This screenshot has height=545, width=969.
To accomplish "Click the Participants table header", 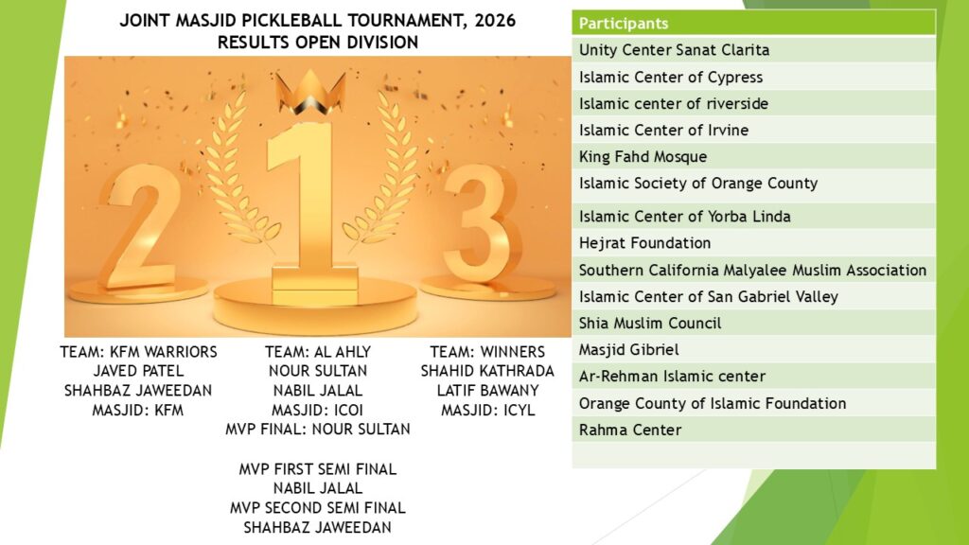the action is (x=753, y=24).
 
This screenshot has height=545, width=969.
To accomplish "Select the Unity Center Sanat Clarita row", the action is (x=753, y=50).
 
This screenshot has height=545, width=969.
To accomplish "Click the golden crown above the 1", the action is (x=310, y=93).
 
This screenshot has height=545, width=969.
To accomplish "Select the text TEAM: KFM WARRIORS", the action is (x=138, y=352).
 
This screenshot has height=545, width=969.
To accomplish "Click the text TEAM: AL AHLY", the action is (x=318, y=352).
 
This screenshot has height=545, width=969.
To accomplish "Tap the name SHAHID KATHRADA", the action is (x=487, y=371).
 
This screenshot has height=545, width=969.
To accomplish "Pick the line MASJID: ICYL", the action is (x=487, y=411).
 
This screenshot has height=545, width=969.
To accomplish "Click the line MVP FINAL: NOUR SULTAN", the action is (x=318, y=430).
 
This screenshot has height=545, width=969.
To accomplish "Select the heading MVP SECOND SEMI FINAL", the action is (x=318, y=508).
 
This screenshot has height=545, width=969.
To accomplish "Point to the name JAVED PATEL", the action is (x=138, y=371).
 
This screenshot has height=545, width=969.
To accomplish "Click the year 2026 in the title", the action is (x=495, y=21).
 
